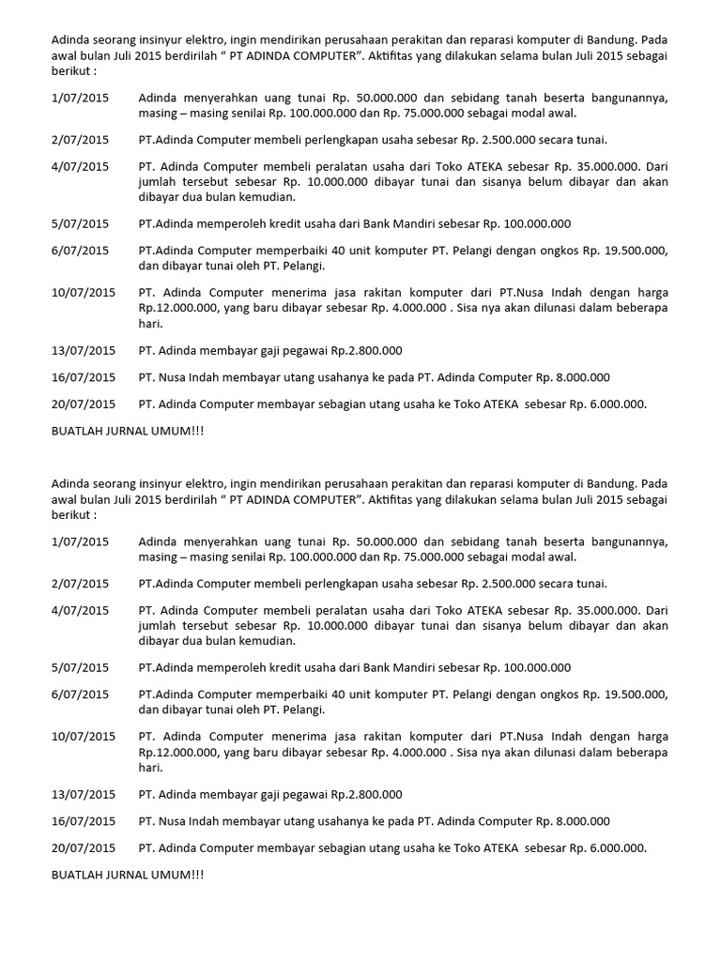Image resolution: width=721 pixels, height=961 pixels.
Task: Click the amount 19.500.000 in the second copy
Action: click(631, 694)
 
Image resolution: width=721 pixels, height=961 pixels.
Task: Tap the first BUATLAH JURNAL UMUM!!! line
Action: click(126, 430)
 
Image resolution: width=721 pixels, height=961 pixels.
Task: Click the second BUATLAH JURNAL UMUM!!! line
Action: click(126, 875)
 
